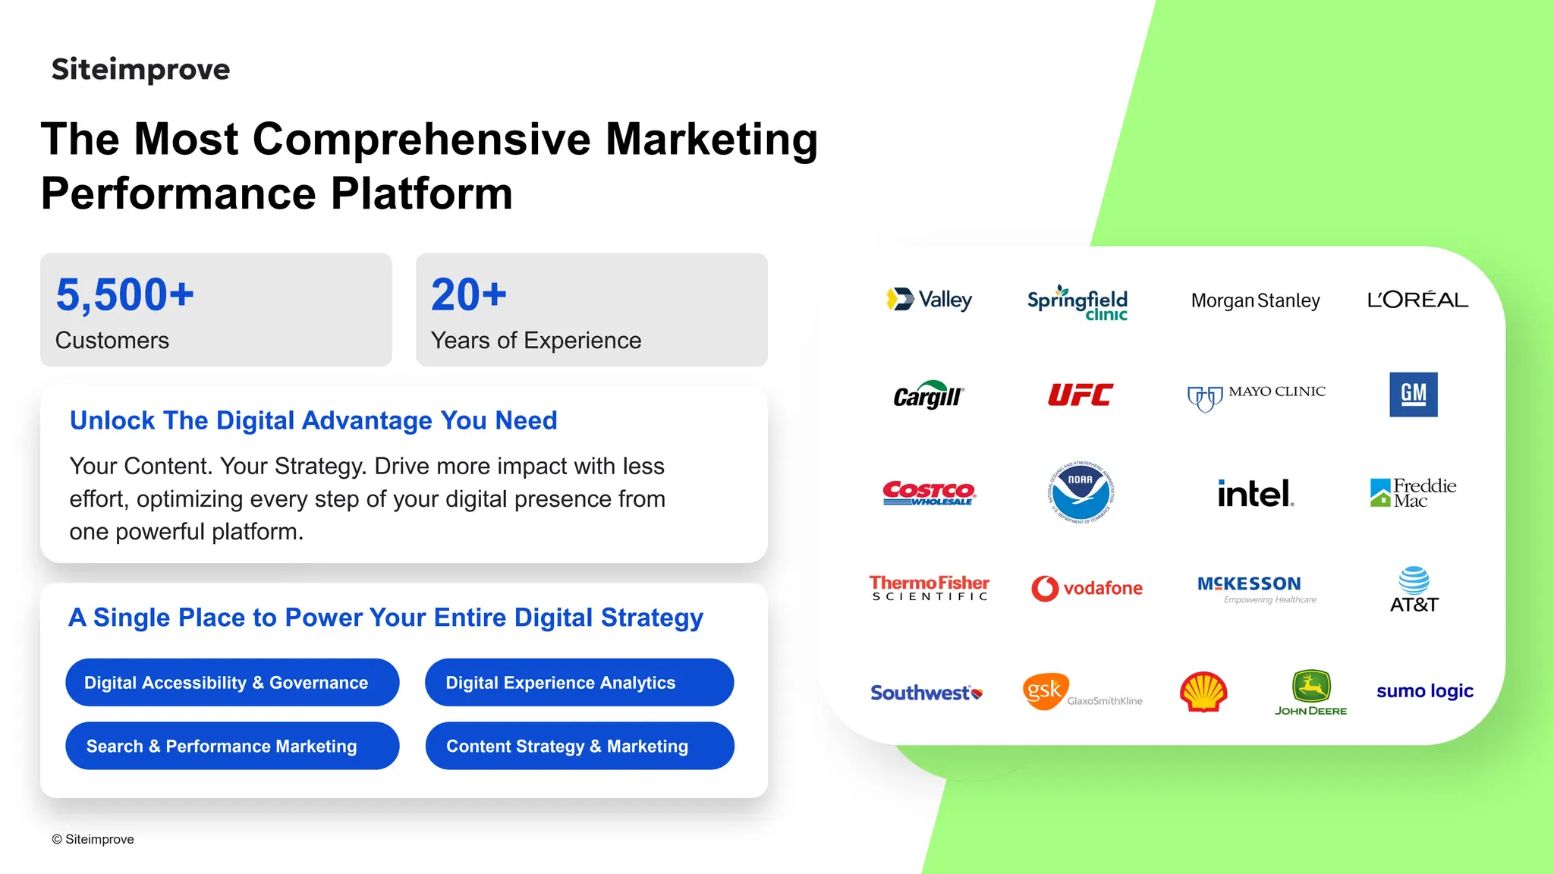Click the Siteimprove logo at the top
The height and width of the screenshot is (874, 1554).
(140, 69)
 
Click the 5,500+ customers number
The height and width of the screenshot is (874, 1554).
(125, 294)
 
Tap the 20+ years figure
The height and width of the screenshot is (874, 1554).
(468, 294)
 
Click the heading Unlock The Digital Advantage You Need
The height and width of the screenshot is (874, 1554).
(313, 420)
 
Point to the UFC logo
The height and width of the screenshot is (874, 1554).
(1080, 395)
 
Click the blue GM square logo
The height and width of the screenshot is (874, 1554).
(1413, 394)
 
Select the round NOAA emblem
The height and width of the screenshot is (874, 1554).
(1080, 492)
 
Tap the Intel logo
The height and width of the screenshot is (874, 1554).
(1255, 493)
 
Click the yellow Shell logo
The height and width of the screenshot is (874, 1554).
(1203, 691)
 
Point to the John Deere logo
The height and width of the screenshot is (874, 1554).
(1311, 692)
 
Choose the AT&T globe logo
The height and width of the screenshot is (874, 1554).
(1414, 589)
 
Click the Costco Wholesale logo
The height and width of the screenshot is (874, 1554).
(929, 492)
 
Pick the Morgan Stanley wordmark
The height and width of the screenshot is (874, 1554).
(1255, 300)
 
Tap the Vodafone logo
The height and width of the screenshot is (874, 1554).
(1087, 588)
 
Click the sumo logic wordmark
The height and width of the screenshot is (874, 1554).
(1424, 691)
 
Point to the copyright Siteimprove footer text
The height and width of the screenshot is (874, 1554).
(93, 839)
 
